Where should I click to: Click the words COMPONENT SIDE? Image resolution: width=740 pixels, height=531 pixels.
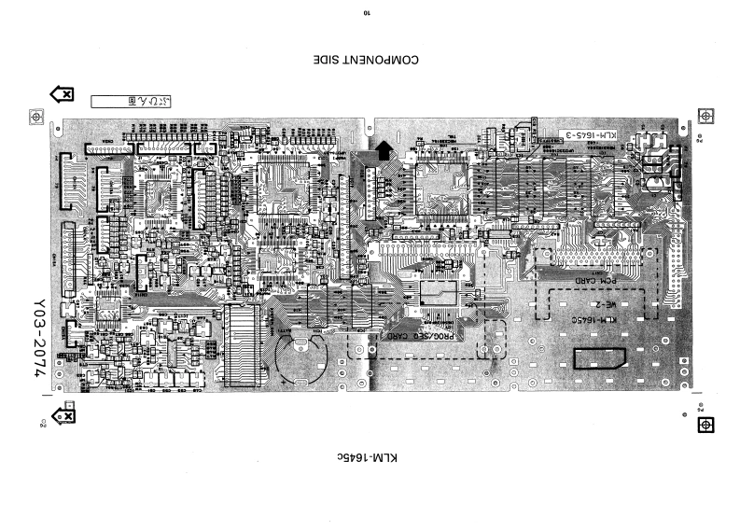pos(369,62)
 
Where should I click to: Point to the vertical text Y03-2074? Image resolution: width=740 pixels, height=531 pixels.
pos(39,337)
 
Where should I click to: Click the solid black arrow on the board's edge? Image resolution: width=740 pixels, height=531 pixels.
pos(384,147)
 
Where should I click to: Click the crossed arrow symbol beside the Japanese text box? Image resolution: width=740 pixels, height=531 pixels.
pos(63,93)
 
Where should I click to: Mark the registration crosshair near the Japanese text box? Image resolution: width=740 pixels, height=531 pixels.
pos(36,119)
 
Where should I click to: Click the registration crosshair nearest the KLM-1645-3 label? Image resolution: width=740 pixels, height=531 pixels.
pos(706,116)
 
